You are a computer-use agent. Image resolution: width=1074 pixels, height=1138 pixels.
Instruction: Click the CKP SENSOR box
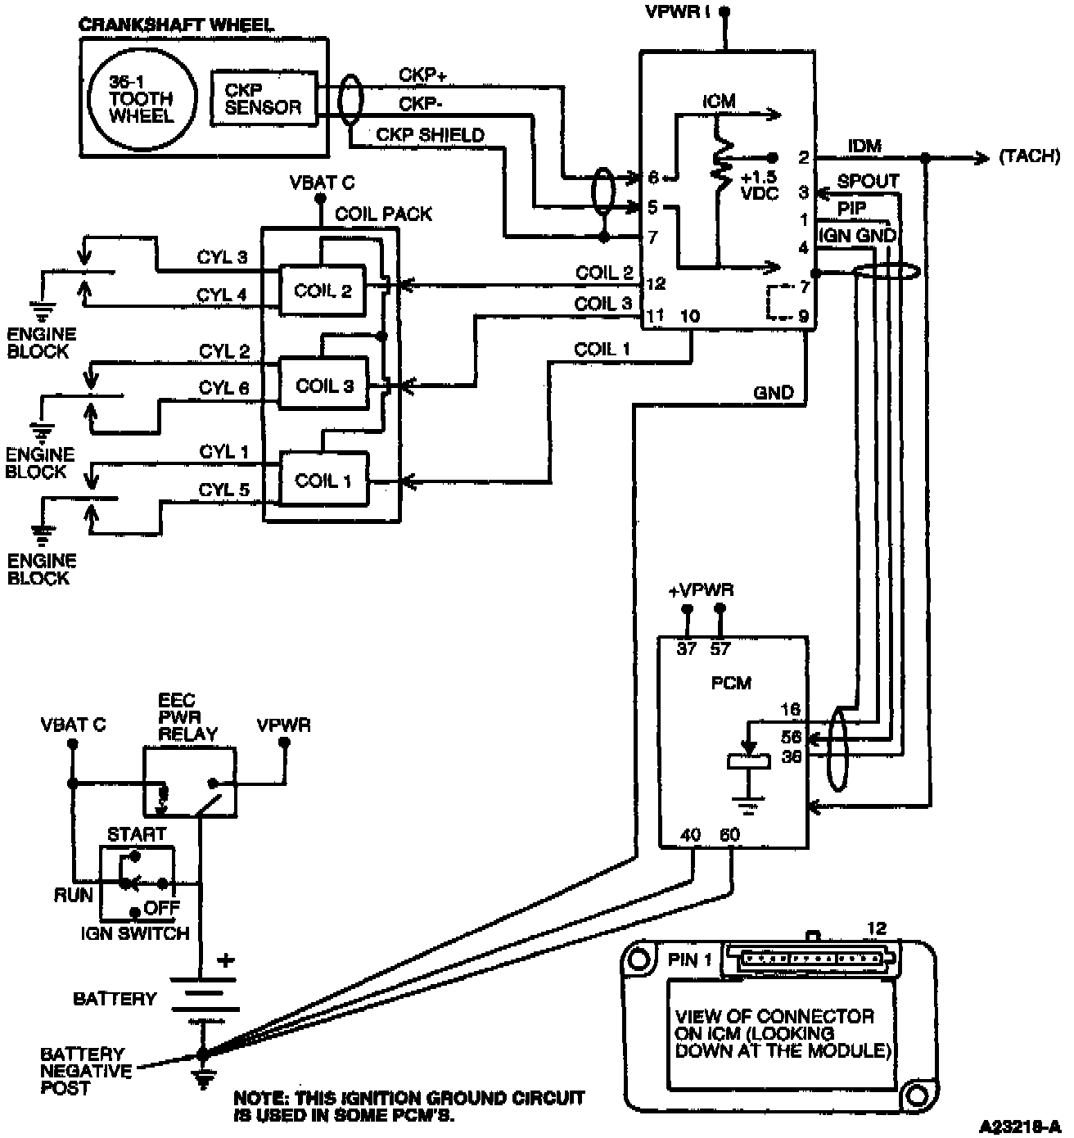click(x=264, y=97)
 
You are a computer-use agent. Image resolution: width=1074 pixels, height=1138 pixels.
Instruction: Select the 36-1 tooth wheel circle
click(x=142, y=97)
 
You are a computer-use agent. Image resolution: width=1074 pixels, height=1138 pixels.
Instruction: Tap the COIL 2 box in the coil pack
click(x=323, y=291)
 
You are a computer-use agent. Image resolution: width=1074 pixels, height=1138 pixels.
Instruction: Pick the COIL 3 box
click(x=324, y=386)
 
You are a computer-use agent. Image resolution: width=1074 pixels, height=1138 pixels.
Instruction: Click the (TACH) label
click(x=1029, y=156)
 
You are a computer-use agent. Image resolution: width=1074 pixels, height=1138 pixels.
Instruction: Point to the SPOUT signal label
click(x=868, y=181)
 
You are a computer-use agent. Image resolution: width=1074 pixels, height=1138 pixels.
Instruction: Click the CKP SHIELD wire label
click(x=430, y=134)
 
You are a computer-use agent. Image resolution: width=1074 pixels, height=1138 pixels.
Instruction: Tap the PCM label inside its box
click(x=731, y=683)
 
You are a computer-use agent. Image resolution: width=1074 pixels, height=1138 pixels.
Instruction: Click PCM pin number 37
click(x=686, y=649)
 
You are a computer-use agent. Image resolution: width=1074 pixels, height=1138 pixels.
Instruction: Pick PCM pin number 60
click(x=729, y=835)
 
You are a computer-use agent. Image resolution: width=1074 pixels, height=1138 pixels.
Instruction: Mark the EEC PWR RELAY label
click(x=188, y=717)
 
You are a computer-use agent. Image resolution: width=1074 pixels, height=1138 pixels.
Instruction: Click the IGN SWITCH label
click(x=135, y=933)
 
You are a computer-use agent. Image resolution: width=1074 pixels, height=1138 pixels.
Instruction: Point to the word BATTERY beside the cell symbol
click(x=115, y=999)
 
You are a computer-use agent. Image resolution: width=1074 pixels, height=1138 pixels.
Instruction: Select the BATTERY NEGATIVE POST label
click(x=86, y=1071)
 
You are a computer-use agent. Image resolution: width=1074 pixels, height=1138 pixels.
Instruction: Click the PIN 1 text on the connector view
click(x=690, y=960)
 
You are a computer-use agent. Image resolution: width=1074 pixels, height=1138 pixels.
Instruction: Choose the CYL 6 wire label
click(x=223, y=387)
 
